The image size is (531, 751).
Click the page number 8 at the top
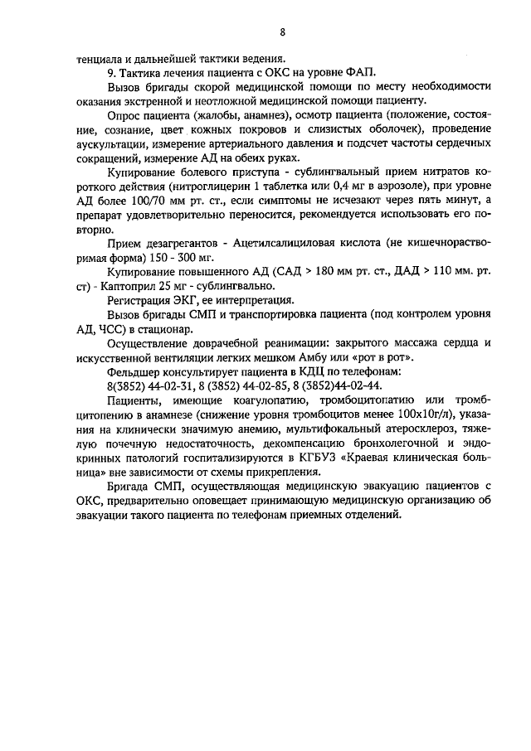click(x=282, y=33)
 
